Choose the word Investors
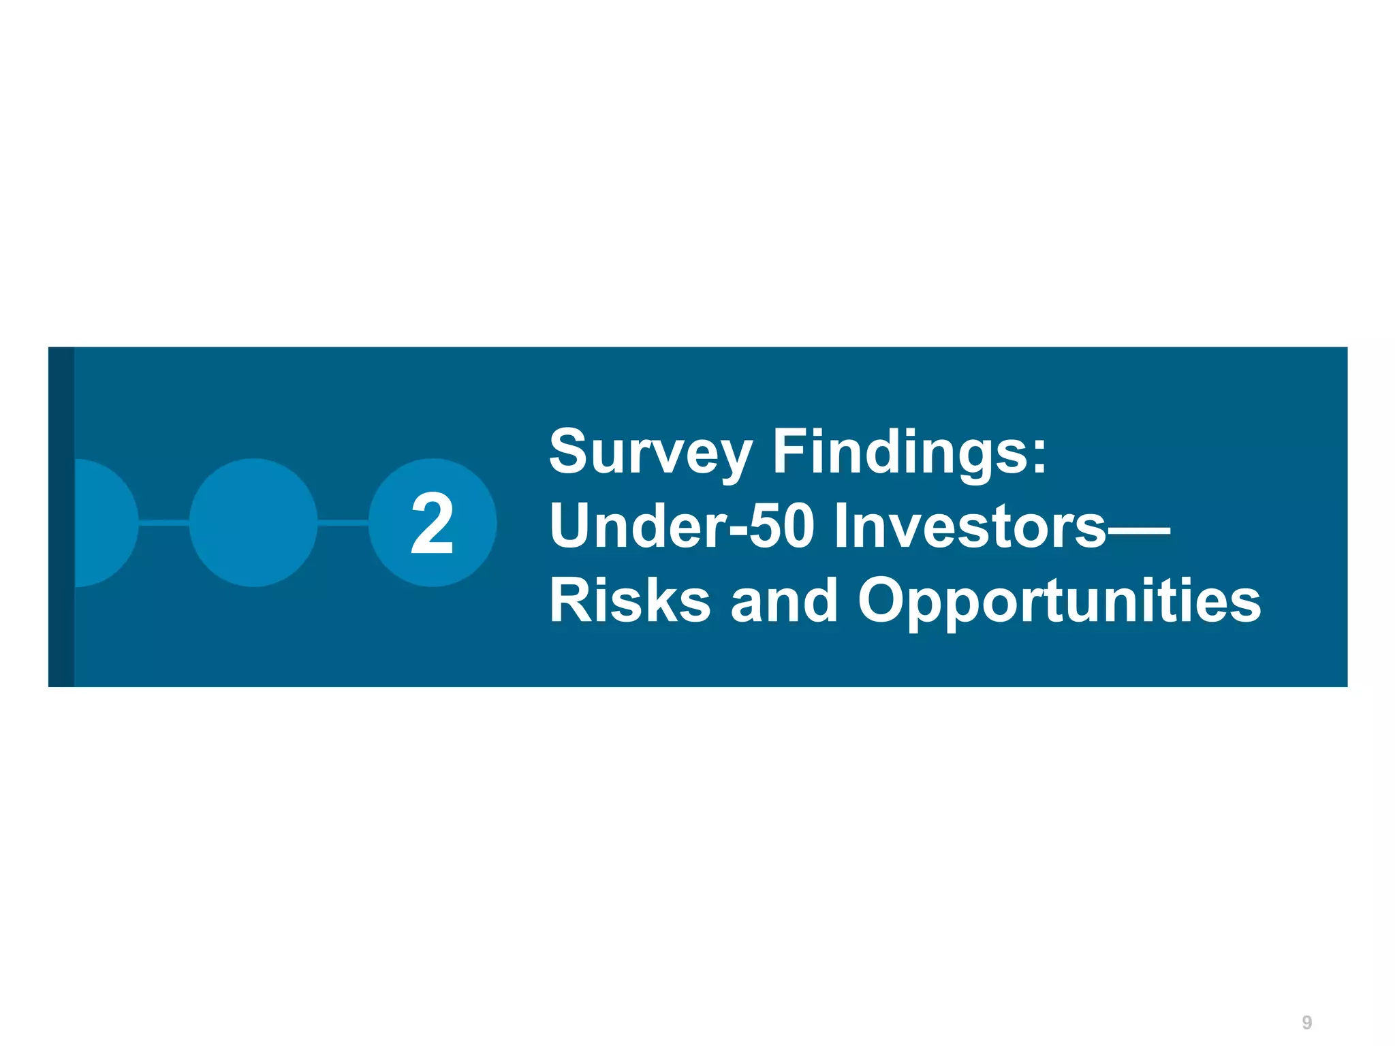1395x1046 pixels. pyautogui.click(x=970, y=526)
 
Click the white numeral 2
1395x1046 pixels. pyautogui.click(x=432, y=524)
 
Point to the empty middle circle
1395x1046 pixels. pyautogui.click(x=253, y=523)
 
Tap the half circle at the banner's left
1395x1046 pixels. pyautogui.click(x=106, y=523)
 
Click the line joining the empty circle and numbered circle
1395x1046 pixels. pyautogui.click(x=343, y=523)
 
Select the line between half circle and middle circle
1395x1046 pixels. pyautogui.click(x=163, y=523)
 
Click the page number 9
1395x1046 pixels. pyautogui.click(x=1306, y=1022)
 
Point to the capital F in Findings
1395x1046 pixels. pyautogui.click(x=790, y=451)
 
